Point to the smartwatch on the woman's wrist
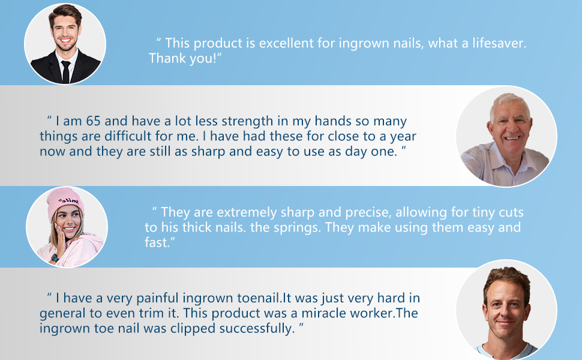tap(55, 258)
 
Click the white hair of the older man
tap(509, 101)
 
